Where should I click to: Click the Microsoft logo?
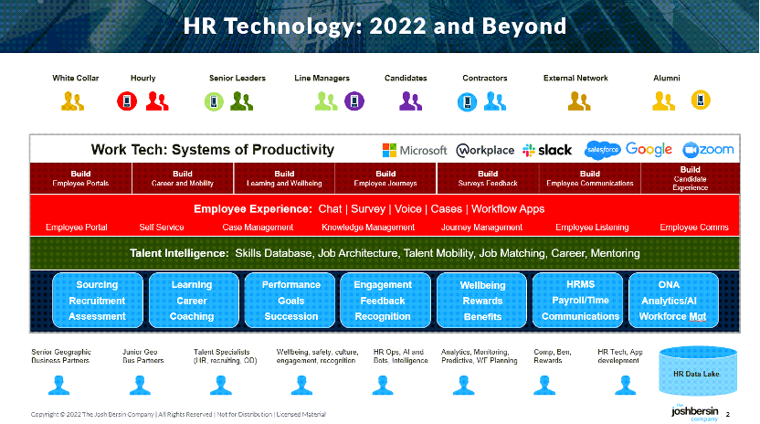[x=415, y=151]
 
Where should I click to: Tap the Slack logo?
[x=547, y=151]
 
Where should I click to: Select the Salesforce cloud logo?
[x=603, y=150]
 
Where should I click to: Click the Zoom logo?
[x=708, y=150]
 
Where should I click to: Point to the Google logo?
[x=649, y=150]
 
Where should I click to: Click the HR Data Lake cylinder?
[x=698, y=371]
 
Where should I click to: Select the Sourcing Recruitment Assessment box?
[x=98, y=301]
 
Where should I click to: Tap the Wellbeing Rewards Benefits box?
[x=481, y=301]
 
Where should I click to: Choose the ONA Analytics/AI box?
[x=673, y=301]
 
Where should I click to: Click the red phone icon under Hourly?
[x=127, y=101]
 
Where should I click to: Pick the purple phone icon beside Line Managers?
[x=354, y=101]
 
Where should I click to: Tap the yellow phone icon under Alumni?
[x=701, y=101]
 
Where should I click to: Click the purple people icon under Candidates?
[x=410, y=101]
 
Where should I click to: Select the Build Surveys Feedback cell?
[x=488, y=178]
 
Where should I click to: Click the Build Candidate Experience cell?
[x=691, y=178]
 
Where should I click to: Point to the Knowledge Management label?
[x=368, y=227]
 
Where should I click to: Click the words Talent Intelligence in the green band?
[x=179, y=253]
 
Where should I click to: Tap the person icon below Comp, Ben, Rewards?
[x=544, y=386]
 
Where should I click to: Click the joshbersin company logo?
[x=694, y=413]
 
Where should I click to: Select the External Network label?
[x=575, y=78]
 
